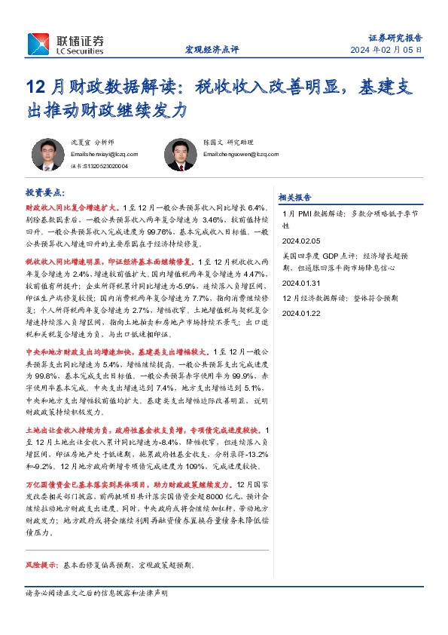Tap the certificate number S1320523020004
(99, 166)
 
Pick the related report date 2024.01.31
(300, 282)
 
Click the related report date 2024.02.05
(300, 241)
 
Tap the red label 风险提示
(42, 564)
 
